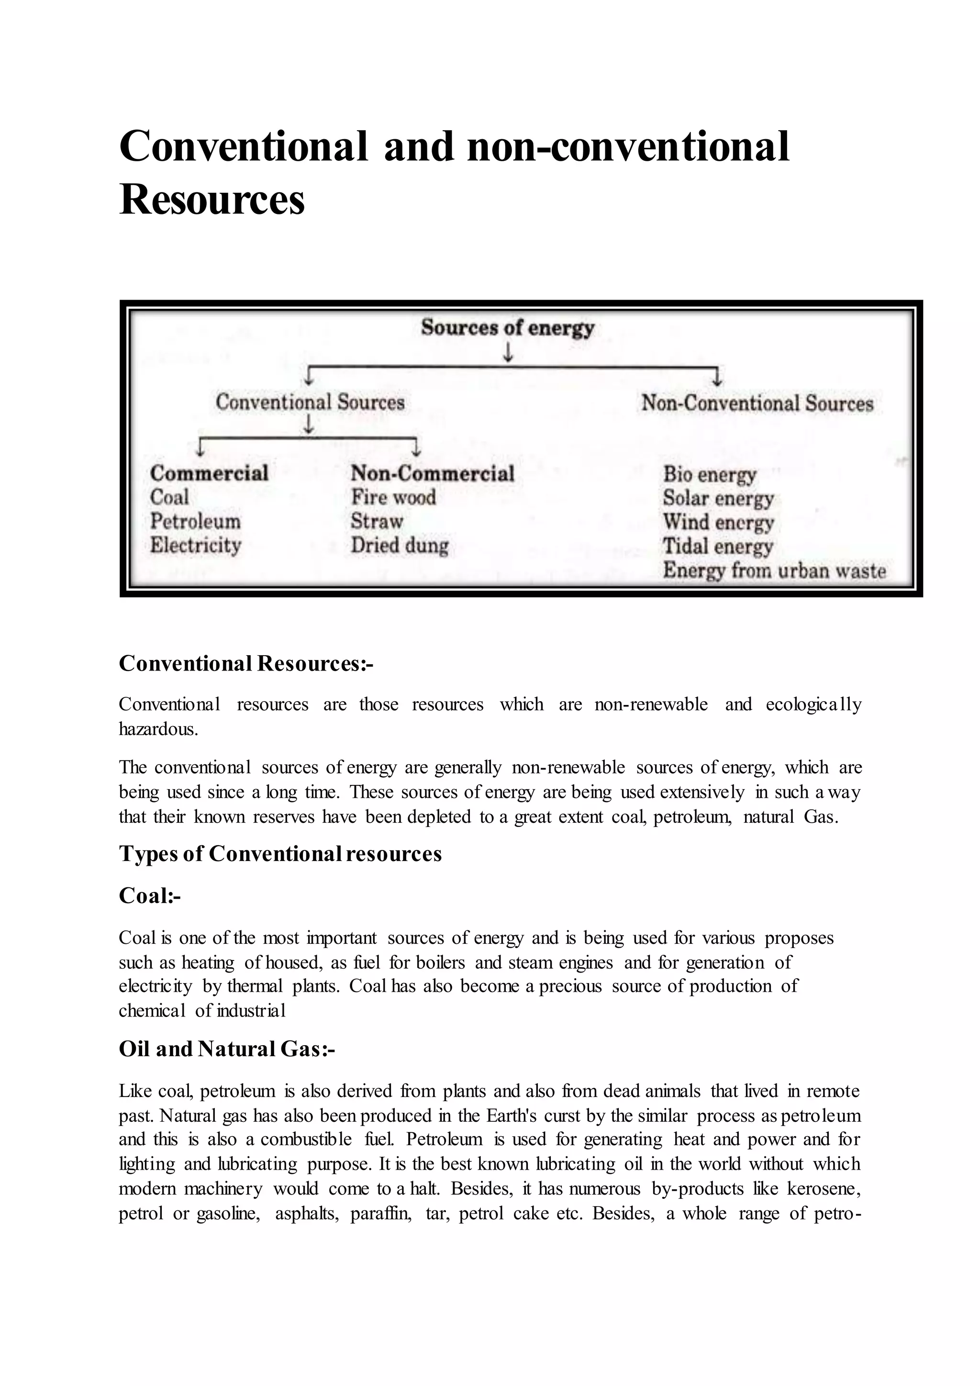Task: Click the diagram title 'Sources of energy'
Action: point(508,328)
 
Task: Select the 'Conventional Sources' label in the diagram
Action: point(310,402)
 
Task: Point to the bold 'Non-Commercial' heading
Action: point(433,473)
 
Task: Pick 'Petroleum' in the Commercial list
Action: point(195,521)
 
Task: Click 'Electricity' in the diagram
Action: point(196,545)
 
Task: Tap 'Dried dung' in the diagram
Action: point(400,546)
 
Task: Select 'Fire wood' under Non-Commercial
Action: point(393,497)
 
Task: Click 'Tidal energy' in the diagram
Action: point(717,546)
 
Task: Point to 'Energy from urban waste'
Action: point(774,570)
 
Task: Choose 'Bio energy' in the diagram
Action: point(709,474)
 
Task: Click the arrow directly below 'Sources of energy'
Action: point(508,353)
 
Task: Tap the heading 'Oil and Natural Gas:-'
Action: point(227,1049)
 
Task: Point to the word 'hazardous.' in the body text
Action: point(158,729)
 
